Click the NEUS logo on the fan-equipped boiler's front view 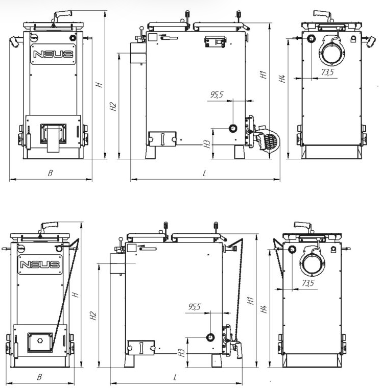click(53, 54)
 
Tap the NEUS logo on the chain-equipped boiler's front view click(40, 264)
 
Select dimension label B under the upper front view click(50, 173)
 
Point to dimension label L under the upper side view click(204, 173)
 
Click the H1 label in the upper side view click(264, 75)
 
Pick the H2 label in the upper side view click(113, 106)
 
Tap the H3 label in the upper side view click(207, 144)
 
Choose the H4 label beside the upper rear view click(282, 79)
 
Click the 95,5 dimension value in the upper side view click(217, 94)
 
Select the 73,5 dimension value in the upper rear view click(328, 72)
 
